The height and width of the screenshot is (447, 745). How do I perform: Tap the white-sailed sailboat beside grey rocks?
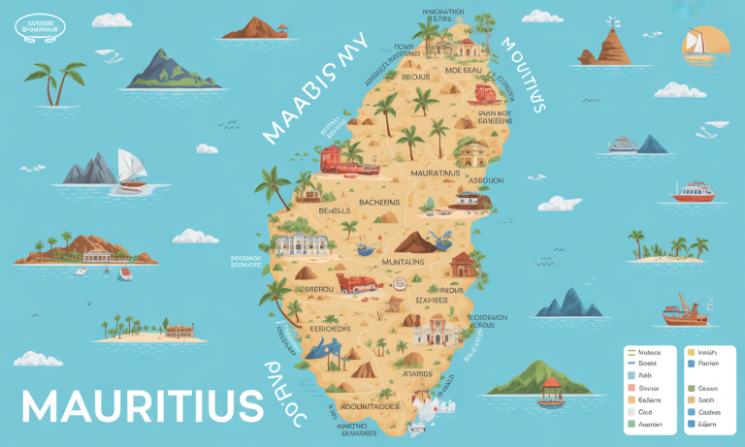(x=129, y=169)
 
